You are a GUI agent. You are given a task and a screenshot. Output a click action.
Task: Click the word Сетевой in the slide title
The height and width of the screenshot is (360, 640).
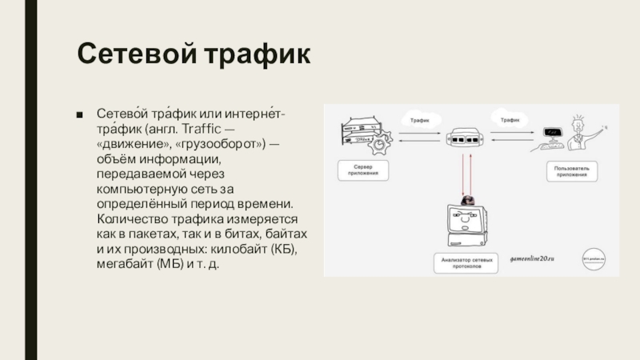[135, 56]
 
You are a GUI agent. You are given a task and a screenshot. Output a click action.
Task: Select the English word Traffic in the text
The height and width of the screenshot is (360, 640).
[202, 131]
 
